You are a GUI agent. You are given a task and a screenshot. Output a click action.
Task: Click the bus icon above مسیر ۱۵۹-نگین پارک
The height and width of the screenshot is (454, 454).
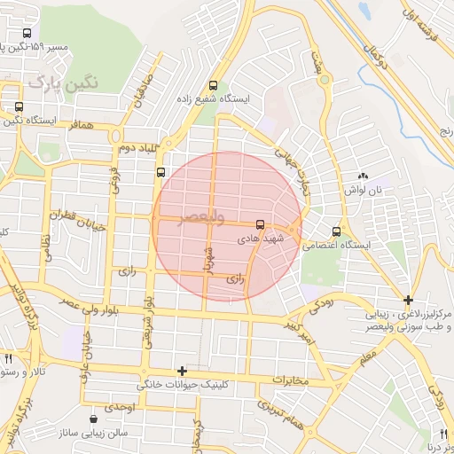tap(28, 33)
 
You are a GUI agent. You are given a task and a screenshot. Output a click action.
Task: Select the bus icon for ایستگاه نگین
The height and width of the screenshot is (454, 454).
tap(19, 106)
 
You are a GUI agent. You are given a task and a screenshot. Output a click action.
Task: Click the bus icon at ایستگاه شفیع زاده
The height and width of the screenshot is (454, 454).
tap(212, 86)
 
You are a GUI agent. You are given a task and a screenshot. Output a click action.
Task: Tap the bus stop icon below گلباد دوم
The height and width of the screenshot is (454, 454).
tap(160, 173)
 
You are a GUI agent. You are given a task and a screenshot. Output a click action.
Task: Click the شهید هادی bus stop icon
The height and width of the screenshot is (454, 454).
tap(260, 225)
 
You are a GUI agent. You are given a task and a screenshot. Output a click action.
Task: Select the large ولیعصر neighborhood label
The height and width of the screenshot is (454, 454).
tap(201, 217)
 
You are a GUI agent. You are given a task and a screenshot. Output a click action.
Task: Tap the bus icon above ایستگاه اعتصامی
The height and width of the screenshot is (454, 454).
tap(335, 231)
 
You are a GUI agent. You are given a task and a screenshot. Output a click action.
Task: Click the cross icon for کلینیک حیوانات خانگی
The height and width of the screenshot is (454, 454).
tap(182, 371)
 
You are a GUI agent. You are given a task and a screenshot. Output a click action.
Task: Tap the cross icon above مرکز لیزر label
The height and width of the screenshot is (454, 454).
tap(407, 301)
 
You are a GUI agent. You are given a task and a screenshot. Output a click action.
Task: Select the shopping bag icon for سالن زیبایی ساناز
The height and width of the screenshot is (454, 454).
tap(95, 419)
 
